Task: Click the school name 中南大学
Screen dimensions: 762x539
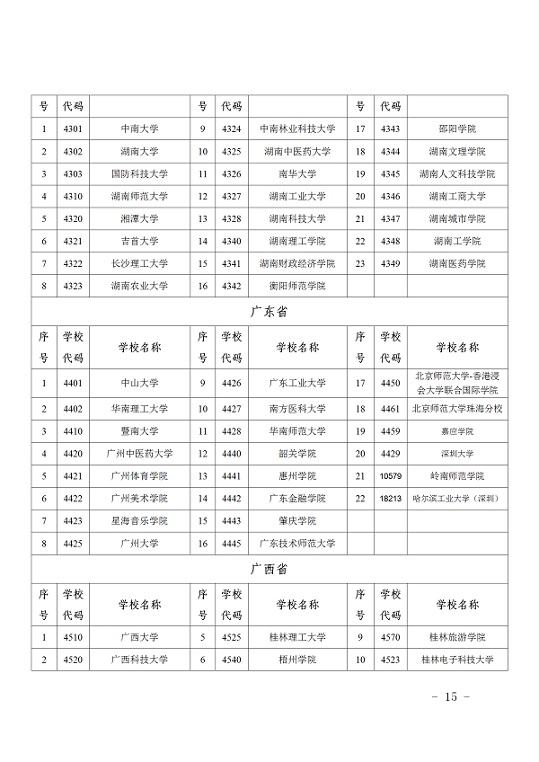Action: [139, 128]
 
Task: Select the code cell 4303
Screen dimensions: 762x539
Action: [73, 173]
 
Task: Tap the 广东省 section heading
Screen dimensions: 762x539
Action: [269, 312]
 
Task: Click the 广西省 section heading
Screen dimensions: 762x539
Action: [269, 569]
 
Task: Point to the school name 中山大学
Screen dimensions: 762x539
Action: [139, 383]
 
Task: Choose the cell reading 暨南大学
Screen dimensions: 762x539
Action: [139, 431]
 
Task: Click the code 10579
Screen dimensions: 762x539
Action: [391, 475]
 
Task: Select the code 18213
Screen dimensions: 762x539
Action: [391, 498]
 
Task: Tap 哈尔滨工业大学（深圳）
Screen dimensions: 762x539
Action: [456, 498]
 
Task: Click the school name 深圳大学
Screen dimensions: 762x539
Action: [456, 454]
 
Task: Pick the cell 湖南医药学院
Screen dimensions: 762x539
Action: [456, 263]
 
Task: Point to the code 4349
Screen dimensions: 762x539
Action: [391, 263]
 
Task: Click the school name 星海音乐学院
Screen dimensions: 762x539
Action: [139, 520]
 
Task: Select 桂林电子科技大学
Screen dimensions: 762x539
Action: [456, 660]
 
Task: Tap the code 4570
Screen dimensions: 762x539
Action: [391, 637]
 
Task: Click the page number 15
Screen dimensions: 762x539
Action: [451, 697]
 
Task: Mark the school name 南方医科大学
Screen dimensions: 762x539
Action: [296, 409]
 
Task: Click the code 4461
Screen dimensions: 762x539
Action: [391, 409]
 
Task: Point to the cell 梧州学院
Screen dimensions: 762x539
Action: [296, 660]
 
